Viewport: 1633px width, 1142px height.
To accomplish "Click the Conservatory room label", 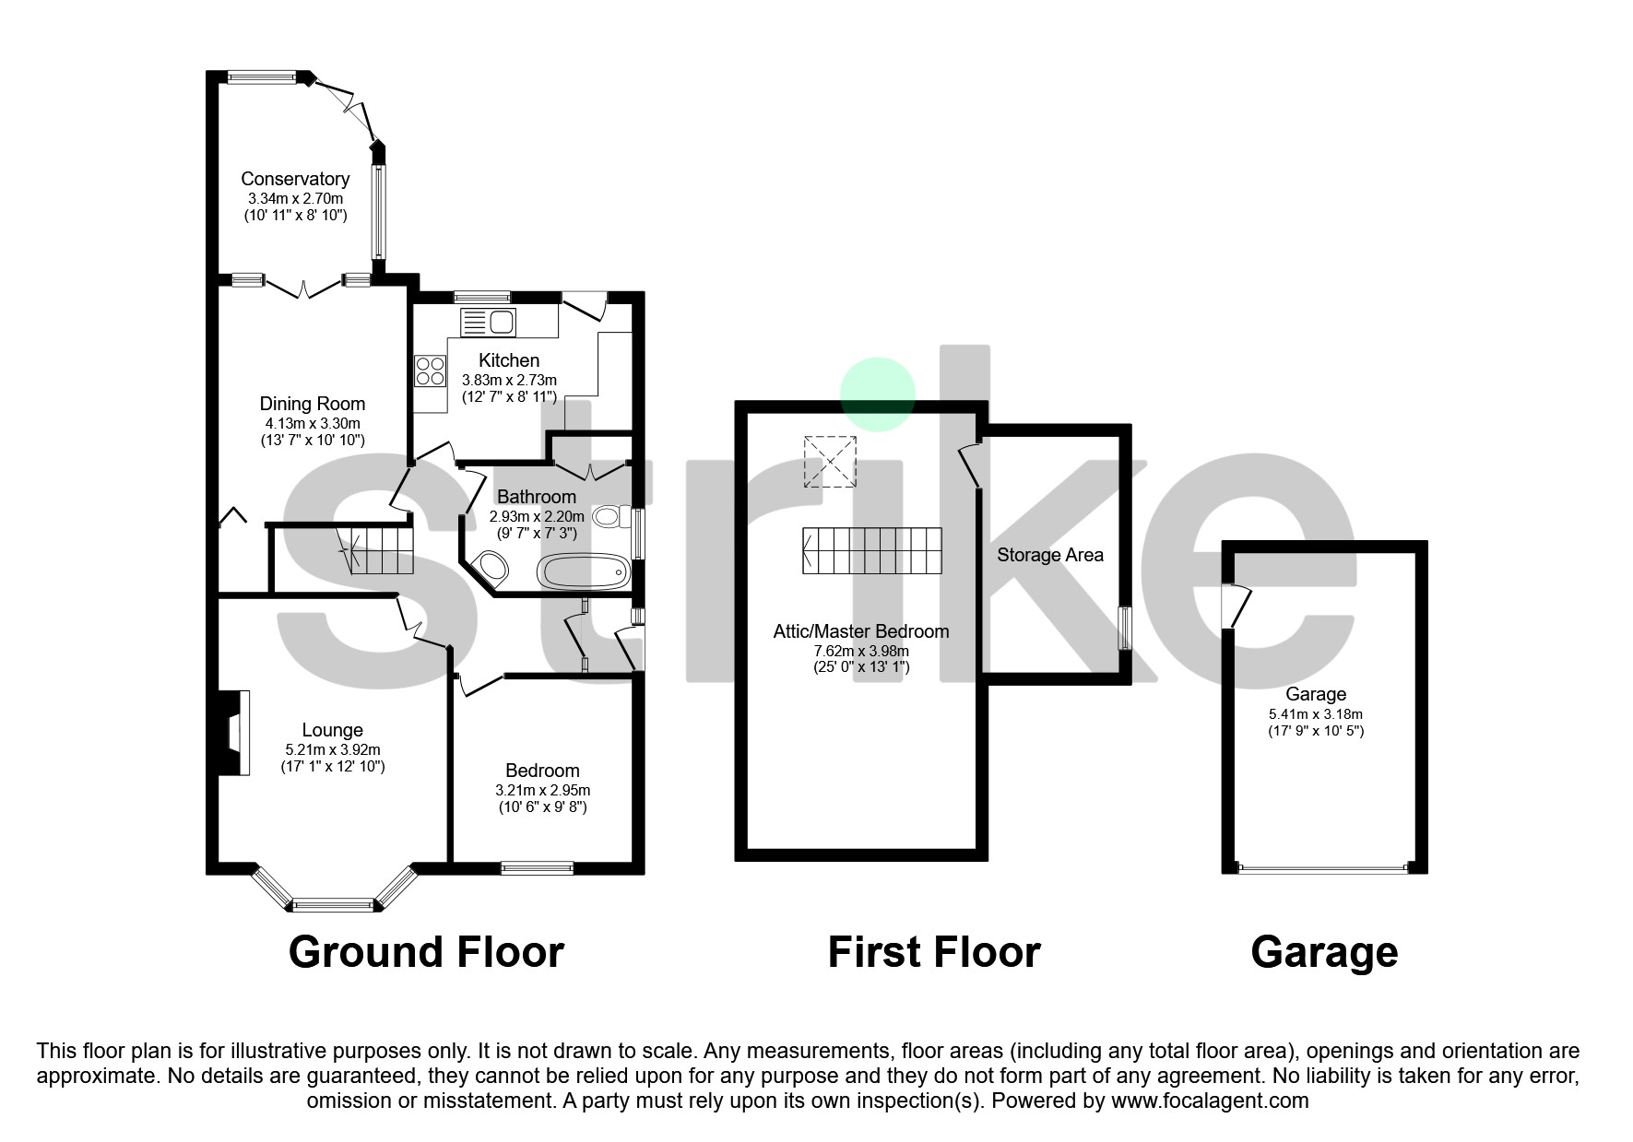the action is coord(295,179).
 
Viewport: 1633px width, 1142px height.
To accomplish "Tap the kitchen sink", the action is coord(489,323).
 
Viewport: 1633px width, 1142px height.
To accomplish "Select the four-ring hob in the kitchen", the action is coord(430,371).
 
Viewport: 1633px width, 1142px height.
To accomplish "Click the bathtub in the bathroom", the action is coord(585,571).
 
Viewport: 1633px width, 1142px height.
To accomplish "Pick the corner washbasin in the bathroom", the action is coord(489,568).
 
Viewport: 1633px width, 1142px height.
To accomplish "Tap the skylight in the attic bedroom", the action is coord(830,461).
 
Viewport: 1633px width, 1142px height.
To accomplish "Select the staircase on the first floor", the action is coord(872,550).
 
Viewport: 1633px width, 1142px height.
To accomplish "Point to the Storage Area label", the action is coord(1050,555).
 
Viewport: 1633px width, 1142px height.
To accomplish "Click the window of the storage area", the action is coord(1125,628).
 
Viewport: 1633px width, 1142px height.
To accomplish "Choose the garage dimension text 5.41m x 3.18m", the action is coord(1316,714).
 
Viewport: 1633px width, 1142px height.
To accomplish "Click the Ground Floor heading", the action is coord(426,952).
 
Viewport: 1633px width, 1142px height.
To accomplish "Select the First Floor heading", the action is coord(934,952).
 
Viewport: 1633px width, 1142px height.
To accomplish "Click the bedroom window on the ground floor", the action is coord(537,867).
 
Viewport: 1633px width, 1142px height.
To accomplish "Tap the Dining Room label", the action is coord(313,404).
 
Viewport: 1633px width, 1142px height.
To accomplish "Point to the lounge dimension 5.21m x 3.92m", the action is coord(333,750).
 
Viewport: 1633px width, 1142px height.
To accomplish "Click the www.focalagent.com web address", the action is coord(1210,1101).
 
